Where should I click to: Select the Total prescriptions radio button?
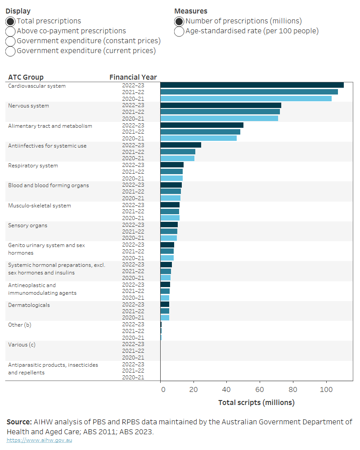point(10,21)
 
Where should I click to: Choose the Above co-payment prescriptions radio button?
point(10,31)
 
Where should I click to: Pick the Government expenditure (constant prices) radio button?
point(10,41)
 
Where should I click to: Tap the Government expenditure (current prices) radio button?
point(10,51)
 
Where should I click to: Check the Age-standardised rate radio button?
point(179,31)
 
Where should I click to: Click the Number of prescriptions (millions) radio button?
point(179,21)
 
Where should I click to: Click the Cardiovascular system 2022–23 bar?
point(252,85)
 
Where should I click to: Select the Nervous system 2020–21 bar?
point(219,118)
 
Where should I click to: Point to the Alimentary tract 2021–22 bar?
point(200,132)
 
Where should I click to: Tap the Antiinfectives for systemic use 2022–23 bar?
point(180,145)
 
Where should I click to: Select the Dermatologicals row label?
point(29,305)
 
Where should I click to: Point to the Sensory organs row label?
point(27,225)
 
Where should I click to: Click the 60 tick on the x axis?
point(260,390)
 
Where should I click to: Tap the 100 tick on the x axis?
point(326,390)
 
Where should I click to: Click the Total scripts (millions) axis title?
point(256,402)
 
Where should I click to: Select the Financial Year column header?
point(133,77)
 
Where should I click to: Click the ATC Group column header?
point(26,77)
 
